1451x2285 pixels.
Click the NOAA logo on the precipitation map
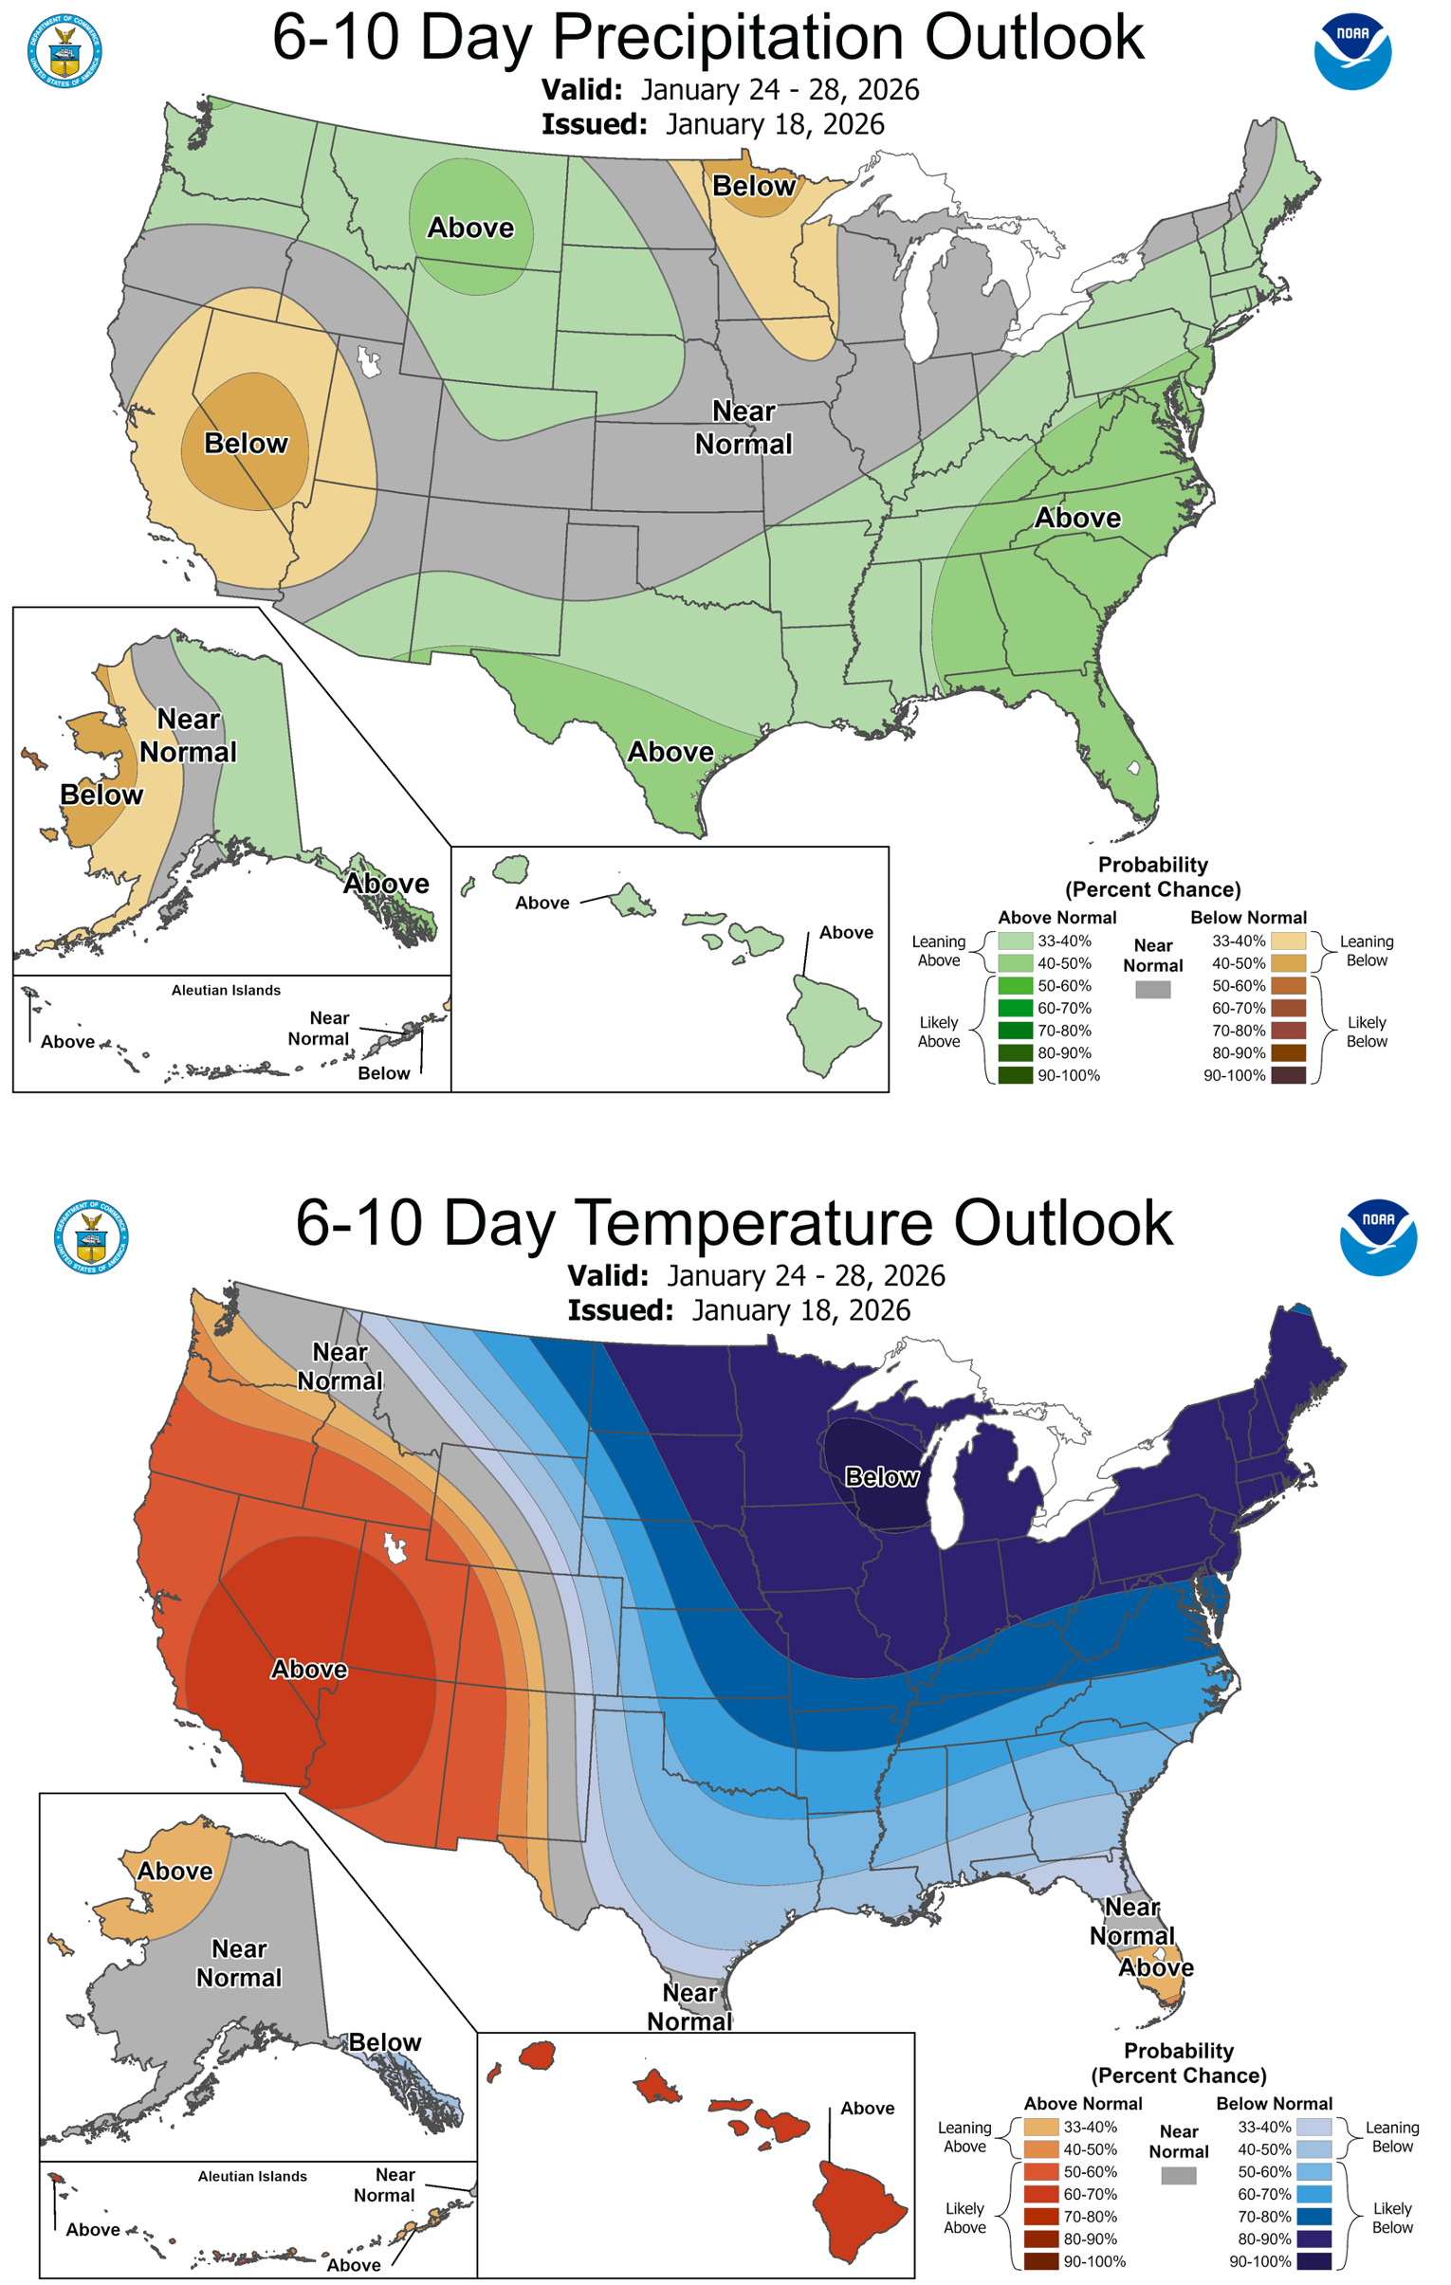tap(1352, 51)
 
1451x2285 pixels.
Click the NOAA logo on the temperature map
tap(1378, 1237)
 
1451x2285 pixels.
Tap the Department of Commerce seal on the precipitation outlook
tap(64, 51)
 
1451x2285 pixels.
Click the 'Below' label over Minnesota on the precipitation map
tap(754, 186)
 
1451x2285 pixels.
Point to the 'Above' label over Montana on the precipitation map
tap(470, 228)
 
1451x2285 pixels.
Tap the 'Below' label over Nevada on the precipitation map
tap(246, 443)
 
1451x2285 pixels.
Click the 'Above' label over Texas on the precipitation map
tap(670, 752)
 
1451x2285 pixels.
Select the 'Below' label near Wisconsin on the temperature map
tap(882, 1476)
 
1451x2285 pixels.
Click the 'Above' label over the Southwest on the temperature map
tap(309, 1669)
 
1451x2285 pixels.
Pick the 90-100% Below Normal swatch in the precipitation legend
tap(1288, 1075)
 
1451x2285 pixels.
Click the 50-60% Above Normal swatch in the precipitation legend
tap(1015, 986)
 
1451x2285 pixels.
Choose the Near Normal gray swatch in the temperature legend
tap(1179, 2176)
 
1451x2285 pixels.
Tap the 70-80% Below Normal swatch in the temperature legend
tap(1313, 2217)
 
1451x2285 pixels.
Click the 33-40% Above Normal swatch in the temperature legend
tap(1041, 2128)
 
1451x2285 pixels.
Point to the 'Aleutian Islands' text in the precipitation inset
tap(226, 990)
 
